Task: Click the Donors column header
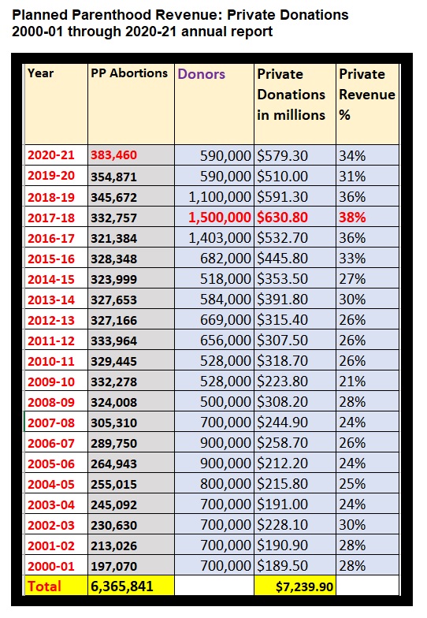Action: coord(201,74)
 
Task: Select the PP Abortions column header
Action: coord(129,73)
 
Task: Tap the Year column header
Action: coord(41,73)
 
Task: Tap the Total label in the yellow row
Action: coord(46,586)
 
